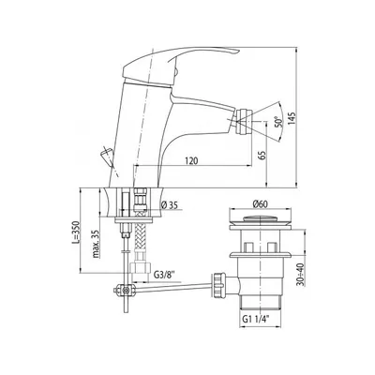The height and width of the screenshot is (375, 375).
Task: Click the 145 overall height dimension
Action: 292,118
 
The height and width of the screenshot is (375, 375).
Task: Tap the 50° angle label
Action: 277,122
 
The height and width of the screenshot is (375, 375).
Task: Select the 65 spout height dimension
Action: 262,155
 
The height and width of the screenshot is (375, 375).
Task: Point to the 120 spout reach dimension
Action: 191,161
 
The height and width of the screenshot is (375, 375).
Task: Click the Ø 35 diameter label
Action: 170,205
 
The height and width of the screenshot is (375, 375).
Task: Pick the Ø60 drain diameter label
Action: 261,204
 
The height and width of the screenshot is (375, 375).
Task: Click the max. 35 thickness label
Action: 97,244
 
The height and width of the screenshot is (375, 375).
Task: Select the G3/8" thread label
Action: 164,276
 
